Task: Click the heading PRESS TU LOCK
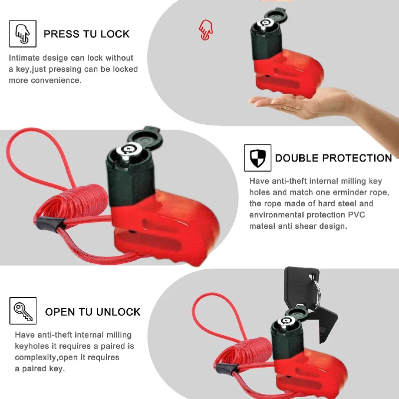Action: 86,34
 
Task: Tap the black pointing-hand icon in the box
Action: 23,33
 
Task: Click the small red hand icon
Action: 205,30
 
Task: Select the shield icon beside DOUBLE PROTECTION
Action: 257,158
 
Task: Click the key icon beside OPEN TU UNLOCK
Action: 23,311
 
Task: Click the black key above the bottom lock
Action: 297,285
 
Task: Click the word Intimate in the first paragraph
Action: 25,58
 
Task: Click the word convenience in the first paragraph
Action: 55,80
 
